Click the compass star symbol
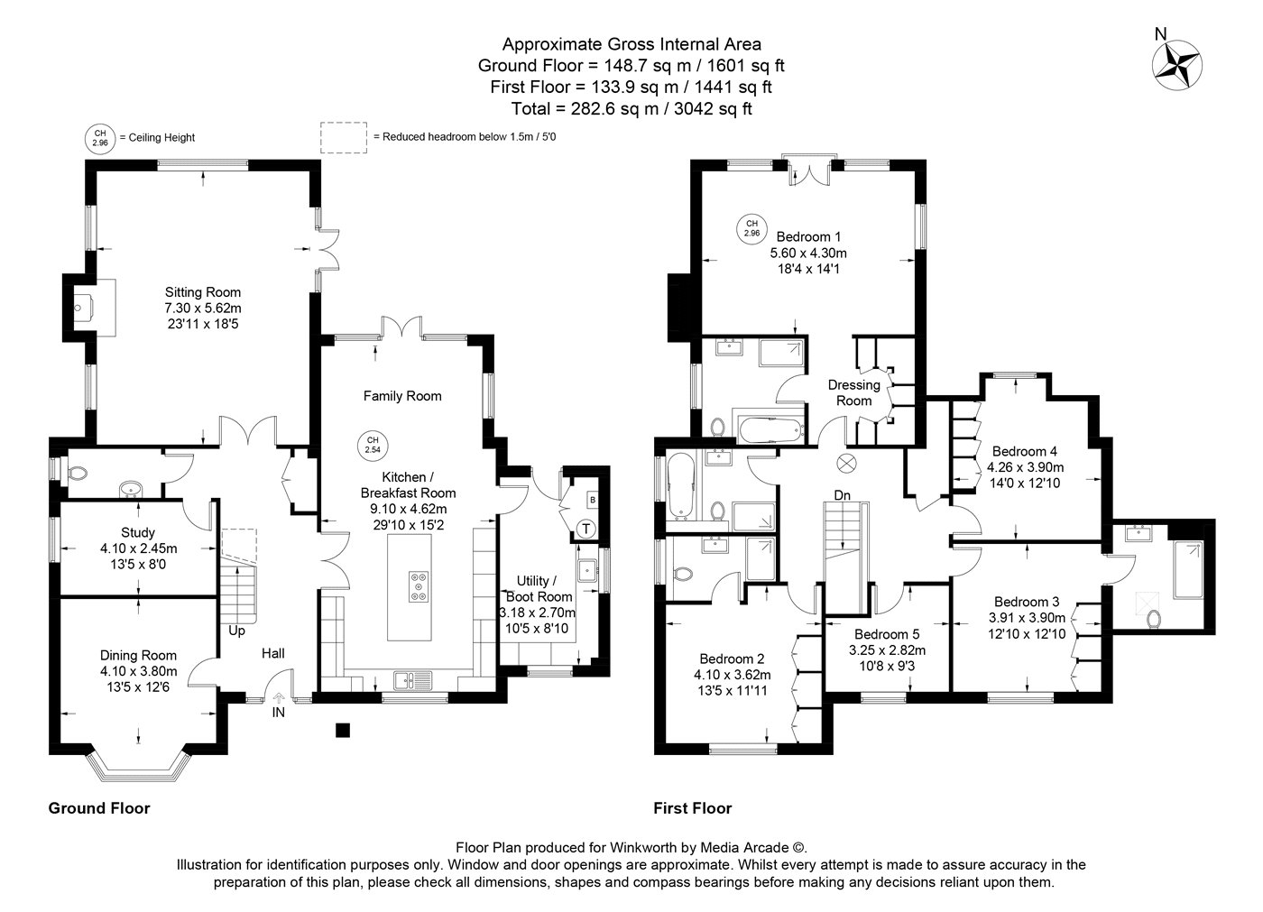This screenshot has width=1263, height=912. pos(1176,65)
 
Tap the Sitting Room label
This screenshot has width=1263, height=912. pos(202,292)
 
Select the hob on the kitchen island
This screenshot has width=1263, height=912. pos(419,586)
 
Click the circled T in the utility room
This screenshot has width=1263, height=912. pos(586,529)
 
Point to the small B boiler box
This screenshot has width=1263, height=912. pos(592,500)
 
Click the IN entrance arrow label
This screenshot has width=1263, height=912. pos(279,713)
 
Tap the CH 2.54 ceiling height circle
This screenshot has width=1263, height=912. pos(373,445)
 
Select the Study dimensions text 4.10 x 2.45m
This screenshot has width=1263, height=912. pos(138,548)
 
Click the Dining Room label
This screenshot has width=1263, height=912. pos(138,655)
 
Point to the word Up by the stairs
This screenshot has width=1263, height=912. pos(236,631)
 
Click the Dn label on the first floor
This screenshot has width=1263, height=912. pos(843,495)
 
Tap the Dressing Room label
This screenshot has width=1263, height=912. pos(854,393)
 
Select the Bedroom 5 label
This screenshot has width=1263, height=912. pos(887,634)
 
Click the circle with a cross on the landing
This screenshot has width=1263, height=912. pos(846,464)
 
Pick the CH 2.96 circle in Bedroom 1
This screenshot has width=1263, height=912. pos(751,228)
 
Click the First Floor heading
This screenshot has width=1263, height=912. pos(693,808)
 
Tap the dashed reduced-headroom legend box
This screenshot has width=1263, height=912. pos(344,137)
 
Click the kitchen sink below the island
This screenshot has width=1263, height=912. pos(413,680)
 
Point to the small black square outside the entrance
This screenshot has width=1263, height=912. pos(343,730)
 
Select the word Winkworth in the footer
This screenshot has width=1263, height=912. pos(641,848)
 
